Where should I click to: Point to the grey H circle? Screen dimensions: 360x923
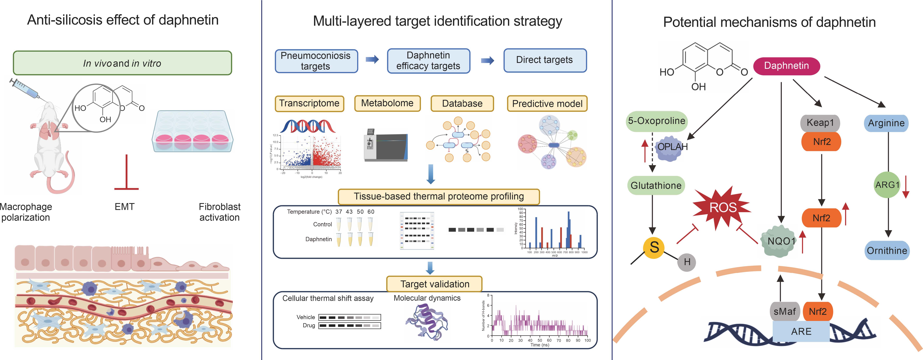686,262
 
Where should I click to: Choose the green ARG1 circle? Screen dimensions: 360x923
887,185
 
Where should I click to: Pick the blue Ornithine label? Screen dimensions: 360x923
887,250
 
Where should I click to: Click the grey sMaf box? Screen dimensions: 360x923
784,311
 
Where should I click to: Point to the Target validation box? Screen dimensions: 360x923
434,284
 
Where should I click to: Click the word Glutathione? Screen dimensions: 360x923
656,185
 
